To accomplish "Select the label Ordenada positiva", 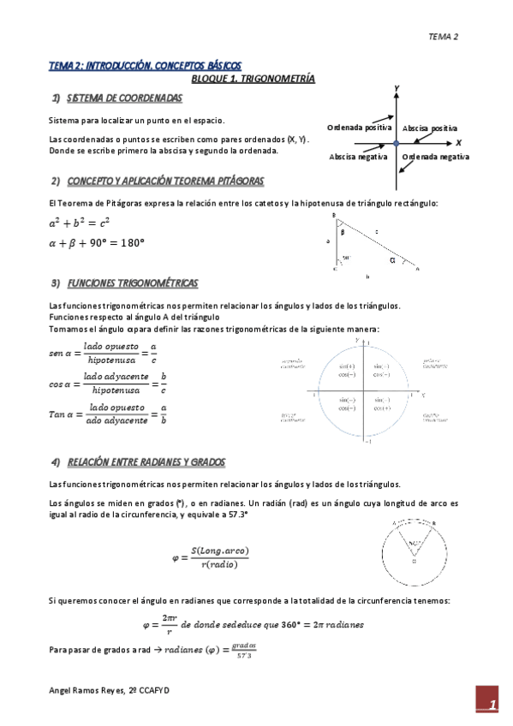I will coord(360,127).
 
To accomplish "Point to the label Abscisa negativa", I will coord(359,157).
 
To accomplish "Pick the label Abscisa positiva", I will coord(430,127).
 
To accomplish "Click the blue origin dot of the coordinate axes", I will coord(397,142).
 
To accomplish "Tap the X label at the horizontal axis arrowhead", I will coord(458,142).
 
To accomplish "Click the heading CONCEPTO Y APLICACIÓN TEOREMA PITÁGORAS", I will coord(165,181).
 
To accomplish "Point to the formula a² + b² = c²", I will coord(80,223).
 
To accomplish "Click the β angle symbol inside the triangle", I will coord(342,232).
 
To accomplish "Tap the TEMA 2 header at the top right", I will coord(444,37).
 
